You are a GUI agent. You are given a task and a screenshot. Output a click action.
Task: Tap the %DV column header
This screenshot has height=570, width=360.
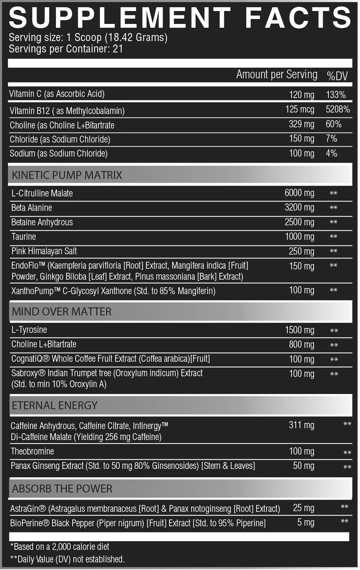337,76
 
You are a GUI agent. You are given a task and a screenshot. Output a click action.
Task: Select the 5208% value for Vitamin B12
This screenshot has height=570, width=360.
338,109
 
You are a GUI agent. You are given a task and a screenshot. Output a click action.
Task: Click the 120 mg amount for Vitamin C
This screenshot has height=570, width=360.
301,95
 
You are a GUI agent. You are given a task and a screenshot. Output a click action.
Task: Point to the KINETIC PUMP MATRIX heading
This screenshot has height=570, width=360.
67,175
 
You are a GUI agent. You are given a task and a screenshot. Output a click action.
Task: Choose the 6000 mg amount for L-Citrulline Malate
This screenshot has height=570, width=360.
299,193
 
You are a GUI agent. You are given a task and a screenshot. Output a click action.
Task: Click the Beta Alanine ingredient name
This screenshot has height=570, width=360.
32,207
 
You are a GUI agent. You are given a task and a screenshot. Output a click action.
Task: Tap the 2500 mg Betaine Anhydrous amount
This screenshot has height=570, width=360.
299,222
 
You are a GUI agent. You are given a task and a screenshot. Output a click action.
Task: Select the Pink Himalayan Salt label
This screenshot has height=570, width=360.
44,251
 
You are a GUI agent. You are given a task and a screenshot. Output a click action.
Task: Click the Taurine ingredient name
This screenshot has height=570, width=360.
24,236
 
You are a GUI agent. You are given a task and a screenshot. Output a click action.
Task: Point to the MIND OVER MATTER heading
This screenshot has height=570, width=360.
62,312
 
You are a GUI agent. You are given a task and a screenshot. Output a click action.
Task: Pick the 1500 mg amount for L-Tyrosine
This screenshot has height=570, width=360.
300,330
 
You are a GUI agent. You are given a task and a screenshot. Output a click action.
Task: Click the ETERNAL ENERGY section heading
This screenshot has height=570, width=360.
55,405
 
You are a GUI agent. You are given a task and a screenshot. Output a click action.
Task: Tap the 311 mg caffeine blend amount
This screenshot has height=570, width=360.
301,425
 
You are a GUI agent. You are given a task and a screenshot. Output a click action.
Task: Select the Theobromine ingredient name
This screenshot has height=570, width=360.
32,451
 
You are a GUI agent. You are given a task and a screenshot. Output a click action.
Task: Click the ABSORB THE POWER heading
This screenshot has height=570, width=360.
62,489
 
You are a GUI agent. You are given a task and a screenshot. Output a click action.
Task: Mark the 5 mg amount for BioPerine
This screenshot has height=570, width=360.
306,522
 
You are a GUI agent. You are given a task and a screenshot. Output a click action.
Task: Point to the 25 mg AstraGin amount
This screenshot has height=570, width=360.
303,508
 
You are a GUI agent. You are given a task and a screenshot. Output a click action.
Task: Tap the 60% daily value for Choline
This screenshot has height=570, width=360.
333,124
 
